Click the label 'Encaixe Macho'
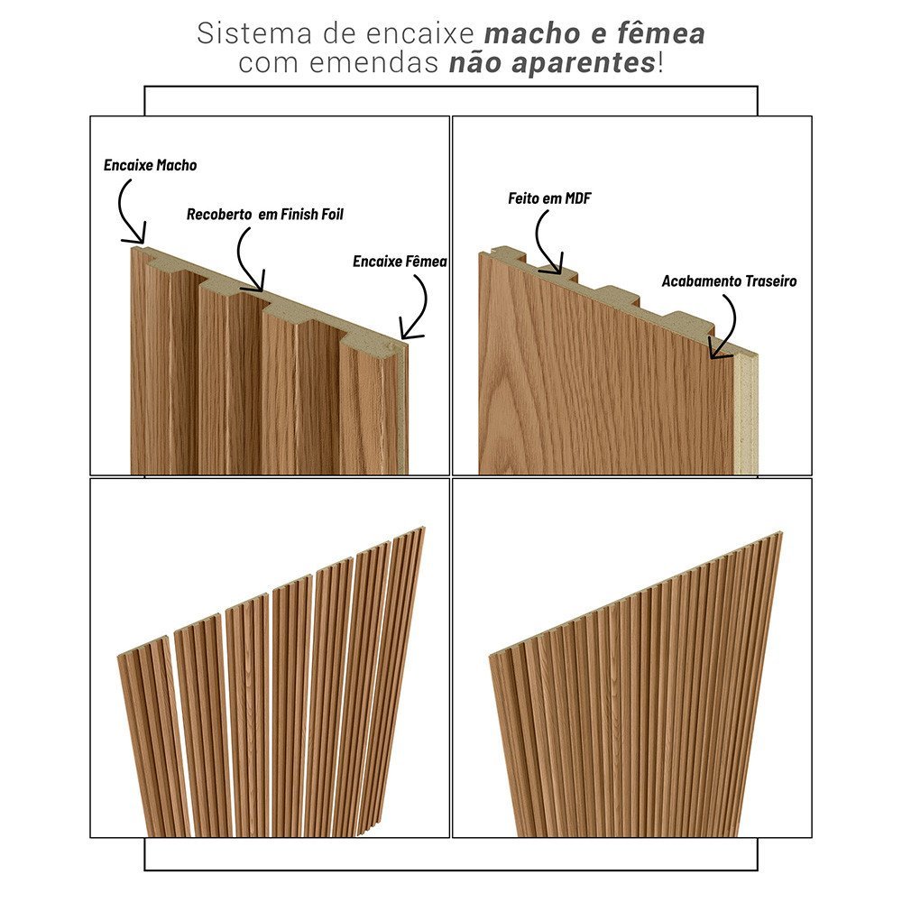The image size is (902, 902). pyautogui.click(x=150, y=166)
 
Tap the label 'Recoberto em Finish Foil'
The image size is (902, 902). pyautogui.click(x=264, y=215)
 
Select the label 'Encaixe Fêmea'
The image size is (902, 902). pyautogui.click(x=400, y=262)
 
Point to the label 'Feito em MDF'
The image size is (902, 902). pyautogui.click(x=548, y=198)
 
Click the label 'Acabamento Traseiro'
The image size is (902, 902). pyautogui.click(x=729, y=281)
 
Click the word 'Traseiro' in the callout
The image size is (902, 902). pyautogui.click(x=770, y=281)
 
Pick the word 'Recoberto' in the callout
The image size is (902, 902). pyautogui.click(x=218, y=215)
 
